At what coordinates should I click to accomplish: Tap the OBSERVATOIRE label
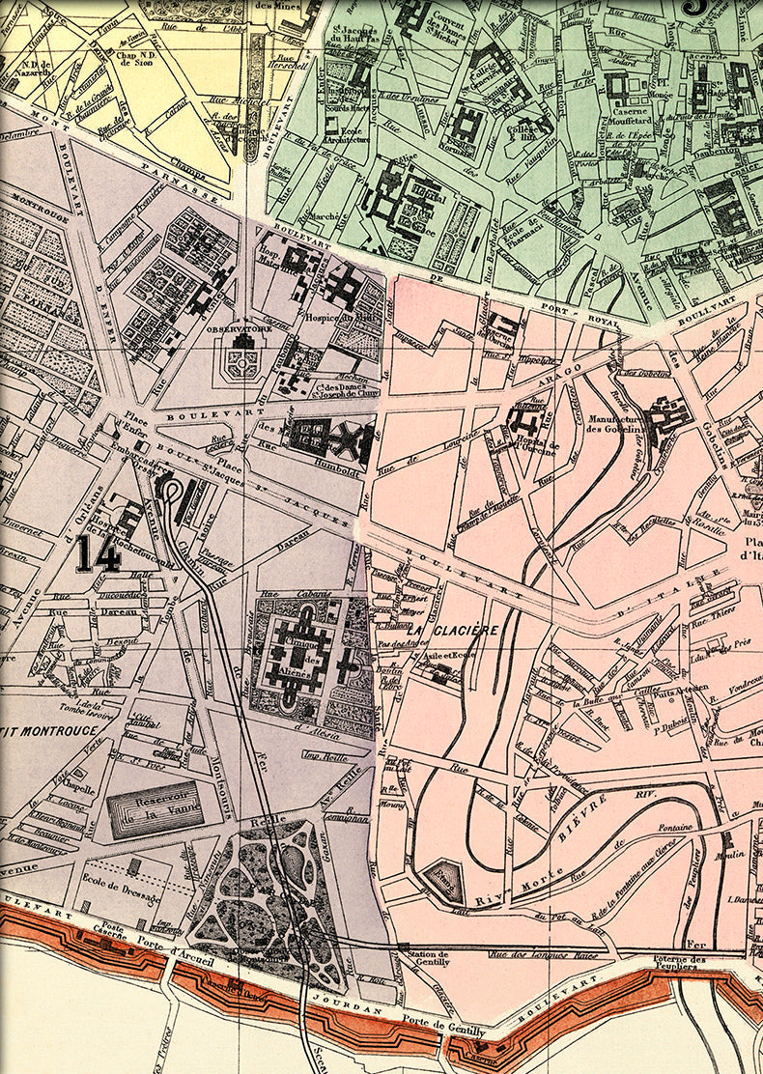tap(241, 329)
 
